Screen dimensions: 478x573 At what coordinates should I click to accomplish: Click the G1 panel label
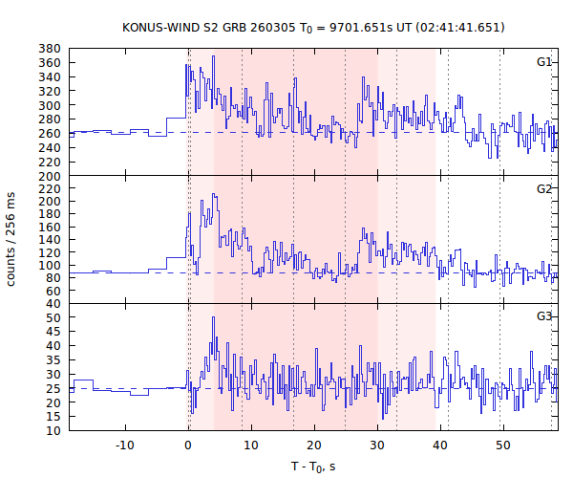(x=544, y=62)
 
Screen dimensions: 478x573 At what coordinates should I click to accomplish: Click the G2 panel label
(x=544, y=189)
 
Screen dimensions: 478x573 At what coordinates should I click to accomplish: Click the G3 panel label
(x=544, y=316)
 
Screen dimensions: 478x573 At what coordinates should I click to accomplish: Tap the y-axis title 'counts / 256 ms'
(x=12, y=239)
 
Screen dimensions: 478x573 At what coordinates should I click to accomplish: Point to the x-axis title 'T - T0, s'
(x=313, y=466)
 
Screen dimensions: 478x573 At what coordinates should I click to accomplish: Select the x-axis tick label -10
(x=124, y=445)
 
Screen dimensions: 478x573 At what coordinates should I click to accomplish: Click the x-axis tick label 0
(x=188, y=445)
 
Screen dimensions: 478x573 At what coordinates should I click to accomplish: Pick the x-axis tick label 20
(x=314, y=445)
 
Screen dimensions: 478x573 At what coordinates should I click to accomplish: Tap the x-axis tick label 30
(x=377, y=445)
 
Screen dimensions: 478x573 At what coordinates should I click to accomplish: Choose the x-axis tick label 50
(x=503, y=445)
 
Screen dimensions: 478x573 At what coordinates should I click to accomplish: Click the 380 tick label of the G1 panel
(x=51, y=49)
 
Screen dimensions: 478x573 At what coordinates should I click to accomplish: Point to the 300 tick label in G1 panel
(x=51, y=105)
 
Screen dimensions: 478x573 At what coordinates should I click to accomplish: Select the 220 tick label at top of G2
(x=51, y=188)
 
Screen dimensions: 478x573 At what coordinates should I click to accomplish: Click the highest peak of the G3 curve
(x=213, y=317)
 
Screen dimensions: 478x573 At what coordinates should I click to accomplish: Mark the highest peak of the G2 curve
(x=214, y=194)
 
